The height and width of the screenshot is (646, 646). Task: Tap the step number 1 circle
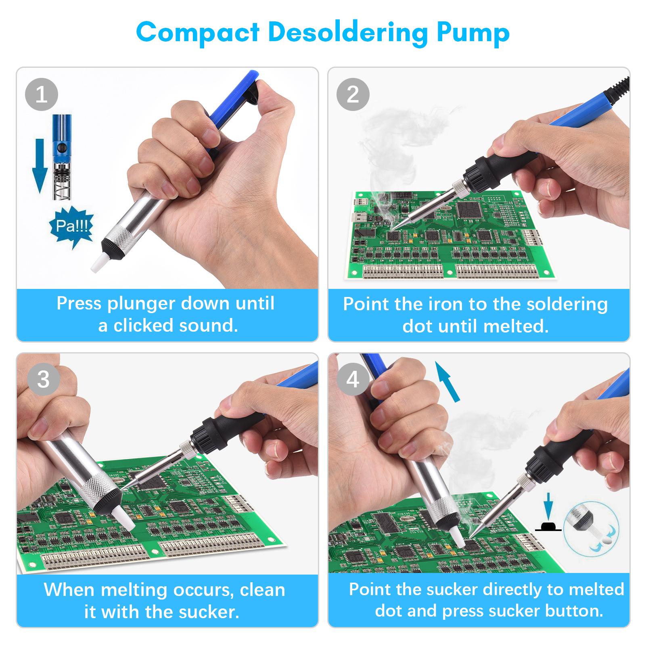click(42, 95)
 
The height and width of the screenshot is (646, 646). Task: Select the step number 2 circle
click(353, 95)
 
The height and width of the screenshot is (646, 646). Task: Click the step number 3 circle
click(43, 380)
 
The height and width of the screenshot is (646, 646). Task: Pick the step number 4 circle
click(353, 380)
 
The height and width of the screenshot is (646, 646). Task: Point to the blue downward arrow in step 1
click(40, 165)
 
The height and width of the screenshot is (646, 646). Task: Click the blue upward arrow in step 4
click(449, 381)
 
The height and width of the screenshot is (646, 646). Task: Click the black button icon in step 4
click(548, 526)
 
